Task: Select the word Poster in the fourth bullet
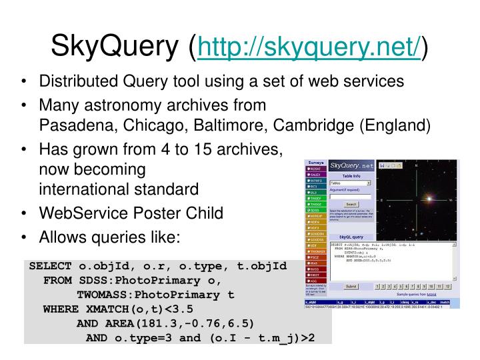click(150, 213)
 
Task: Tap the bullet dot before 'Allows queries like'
click(24, 237)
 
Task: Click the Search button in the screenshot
click(351, 205)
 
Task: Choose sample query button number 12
click(449, 286)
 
